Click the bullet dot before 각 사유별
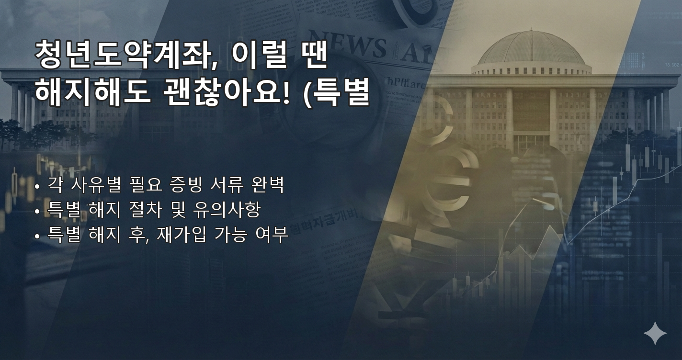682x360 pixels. (x=38, y=186)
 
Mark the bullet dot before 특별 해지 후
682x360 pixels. (x=38, y=236)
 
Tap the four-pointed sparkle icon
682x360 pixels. (x=655, y=333)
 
